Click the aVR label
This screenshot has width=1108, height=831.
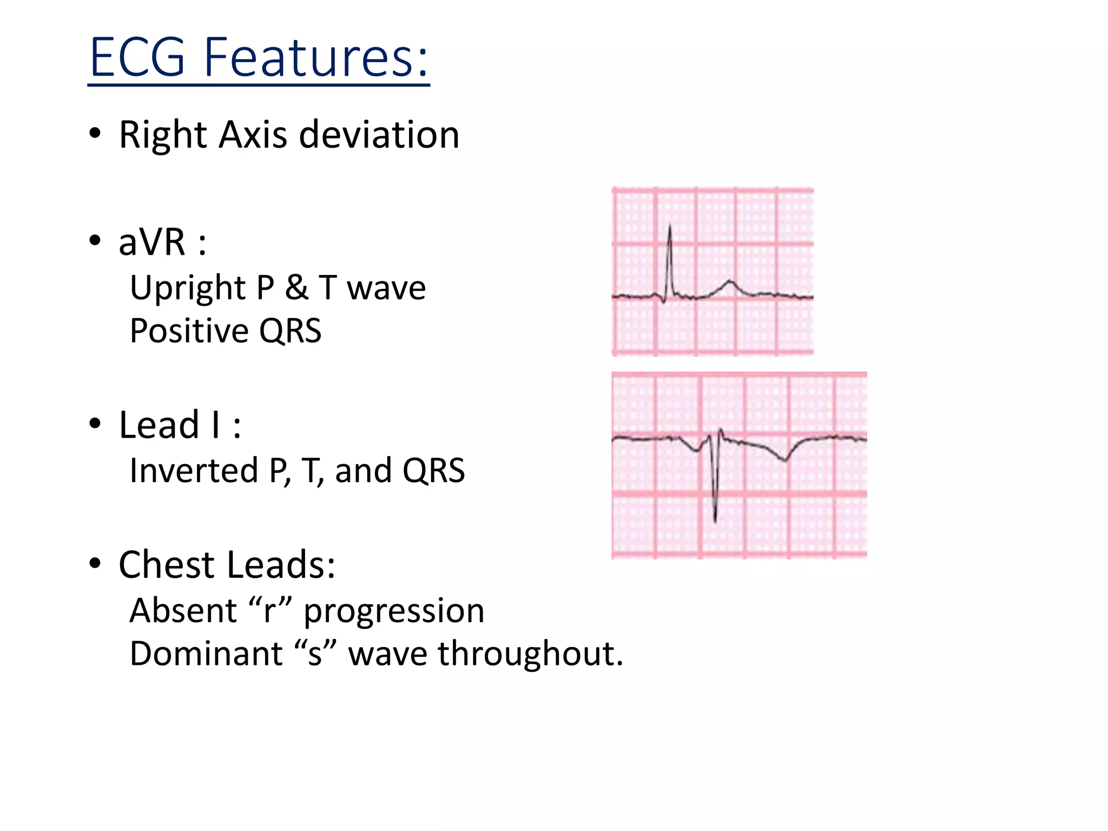point(152,242)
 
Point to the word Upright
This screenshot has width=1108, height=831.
point(187,288)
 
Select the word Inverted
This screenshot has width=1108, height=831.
point(193,470)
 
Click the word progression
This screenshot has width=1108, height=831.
point(394,611)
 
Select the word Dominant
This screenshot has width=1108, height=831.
point(206,654)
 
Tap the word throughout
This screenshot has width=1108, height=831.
point(530,654)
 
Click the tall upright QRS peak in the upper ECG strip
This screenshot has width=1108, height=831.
point(670,227)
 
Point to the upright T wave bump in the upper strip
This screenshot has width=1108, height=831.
point(730,282)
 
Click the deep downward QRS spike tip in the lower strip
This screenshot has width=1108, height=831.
point(715,520)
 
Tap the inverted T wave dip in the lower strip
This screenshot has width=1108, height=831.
point(785,460)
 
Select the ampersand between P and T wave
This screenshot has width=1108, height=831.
point(296,288)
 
